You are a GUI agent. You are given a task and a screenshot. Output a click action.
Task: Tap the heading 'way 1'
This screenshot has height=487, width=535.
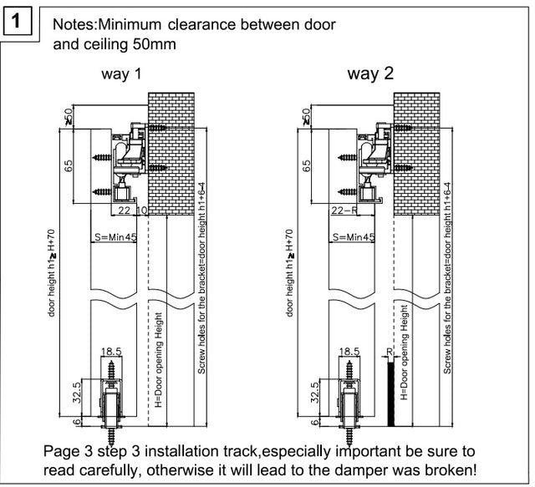point(121,74)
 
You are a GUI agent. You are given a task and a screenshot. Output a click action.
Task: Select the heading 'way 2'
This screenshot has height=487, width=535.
point(370,74)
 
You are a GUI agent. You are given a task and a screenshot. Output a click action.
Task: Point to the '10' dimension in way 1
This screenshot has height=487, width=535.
point(141,211)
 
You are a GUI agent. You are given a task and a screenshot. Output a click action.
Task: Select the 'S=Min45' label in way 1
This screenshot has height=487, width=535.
point(113,238)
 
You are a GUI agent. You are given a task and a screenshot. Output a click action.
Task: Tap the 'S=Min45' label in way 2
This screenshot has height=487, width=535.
point(352,238)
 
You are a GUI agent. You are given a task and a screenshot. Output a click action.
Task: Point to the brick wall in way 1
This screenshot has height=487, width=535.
point(171,150)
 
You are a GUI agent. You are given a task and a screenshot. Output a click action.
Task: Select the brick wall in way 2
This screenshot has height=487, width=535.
point(415,150)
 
